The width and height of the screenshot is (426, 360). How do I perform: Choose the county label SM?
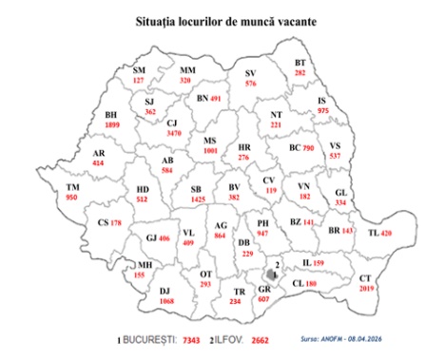140,70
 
